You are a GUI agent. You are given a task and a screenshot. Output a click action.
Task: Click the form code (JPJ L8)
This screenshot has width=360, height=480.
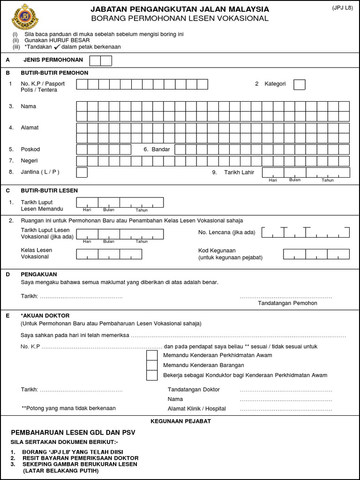pos(343,8)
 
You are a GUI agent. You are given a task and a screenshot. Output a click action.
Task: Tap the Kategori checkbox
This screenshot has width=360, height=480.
pos(299,84)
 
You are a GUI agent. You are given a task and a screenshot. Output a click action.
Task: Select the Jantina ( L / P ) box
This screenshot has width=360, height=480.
pos(82,172)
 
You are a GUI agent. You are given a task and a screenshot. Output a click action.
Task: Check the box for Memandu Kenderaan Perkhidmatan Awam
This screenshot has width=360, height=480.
pos(152,355)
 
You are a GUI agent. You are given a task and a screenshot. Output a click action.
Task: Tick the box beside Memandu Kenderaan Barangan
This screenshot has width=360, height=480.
pos(152,365)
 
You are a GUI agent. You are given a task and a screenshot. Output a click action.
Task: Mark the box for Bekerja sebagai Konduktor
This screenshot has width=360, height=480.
pos(152,375)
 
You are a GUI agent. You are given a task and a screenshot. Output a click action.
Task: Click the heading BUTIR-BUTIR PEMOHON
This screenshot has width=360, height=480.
pos(54,73)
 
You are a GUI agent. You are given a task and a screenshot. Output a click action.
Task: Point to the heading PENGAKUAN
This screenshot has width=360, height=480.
pos(40,274)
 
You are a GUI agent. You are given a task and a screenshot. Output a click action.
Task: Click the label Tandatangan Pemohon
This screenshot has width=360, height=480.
pos(287,303)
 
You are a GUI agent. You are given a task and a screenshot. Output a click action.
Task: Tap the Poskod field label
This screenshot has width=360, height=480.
pos(30,150)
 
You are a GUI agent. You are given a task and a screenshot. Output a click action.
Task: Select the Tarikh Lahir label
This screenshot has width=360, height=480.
pos(239,172)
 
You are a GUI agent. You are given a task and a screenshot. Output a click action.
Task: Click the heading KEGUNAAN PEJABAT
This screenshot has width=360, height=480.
pos(180,421)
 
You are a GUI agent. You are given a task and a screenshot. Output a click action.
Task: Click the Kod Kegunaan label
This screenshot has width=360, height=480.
pos(217,251)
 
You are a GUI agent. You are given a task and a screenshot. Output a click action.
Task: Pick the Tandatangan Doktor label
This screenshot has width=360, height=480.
pos(194,390)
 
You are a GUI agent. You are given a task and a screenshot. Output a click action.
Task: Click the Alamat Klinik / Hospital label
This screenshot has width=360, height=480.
pos(196,408)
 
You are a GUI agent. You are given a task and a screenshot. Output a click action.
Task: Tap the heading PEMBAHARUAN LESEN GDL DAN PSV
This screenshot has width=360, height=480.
pos(73,432)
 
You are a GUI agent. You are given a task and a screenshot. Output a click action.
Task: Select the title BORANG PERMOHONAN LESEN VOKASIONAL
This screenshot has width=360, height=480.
pos(180,18)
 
